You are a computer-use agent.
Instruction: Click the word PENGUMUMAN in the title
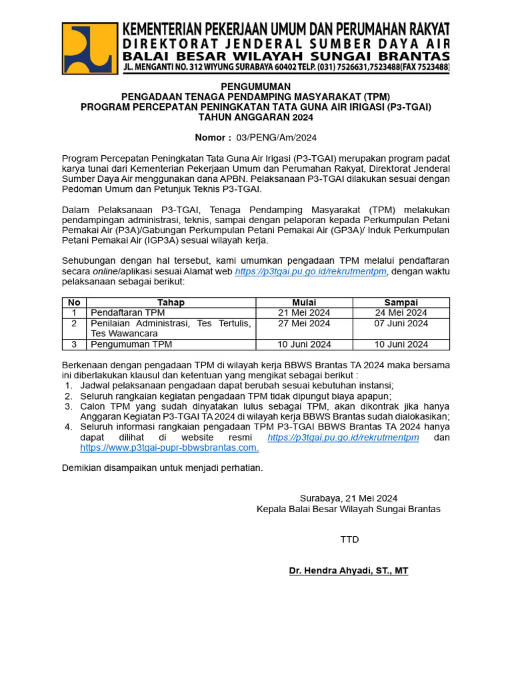click(x=256, y=87)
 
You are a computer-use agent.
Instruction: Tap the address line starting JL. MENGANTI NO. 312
click(x=286, y=68)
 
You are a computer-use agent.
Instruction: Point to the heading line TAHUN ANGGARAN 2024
click(x=256, y=117)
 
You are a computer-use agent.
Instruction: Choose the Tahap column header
click(x=171, y=302)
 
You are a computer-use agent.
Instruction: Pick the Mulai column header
click(x=304, y=302)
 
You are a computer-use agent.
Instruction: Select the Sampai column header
click(x=401, y=302)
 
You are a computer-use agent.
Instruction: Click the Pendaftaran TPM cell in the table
click(x=128, y=312)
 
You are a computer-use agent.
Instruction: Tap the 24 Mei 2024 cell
click(x=401, y=312)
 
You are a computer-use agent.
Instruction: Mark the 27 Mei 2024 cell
click(x=304, y=324)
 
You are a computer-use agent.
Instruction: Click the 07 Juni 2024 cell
click(x=401, y=324)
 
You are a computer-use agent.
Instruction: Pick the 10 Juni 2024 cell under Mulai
click(x=304, y=344)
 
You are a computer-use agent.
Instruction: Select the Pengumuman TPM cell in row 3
click(x=131, y=344)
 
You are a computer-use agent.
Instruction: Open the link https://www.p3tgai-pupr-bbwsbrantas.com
click(x=169, y=448)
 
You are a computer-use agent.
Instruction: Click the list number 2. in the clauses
click(x=68, y=396)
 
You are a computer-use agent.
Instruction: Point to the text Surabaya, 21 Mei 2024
click(x=349, y=498)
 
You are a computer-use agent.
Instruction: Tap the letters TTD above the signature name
click(x=349, y=539)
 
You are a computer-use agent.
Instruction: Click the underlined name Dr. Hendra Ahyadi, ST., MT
click(x=349, y=571)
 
